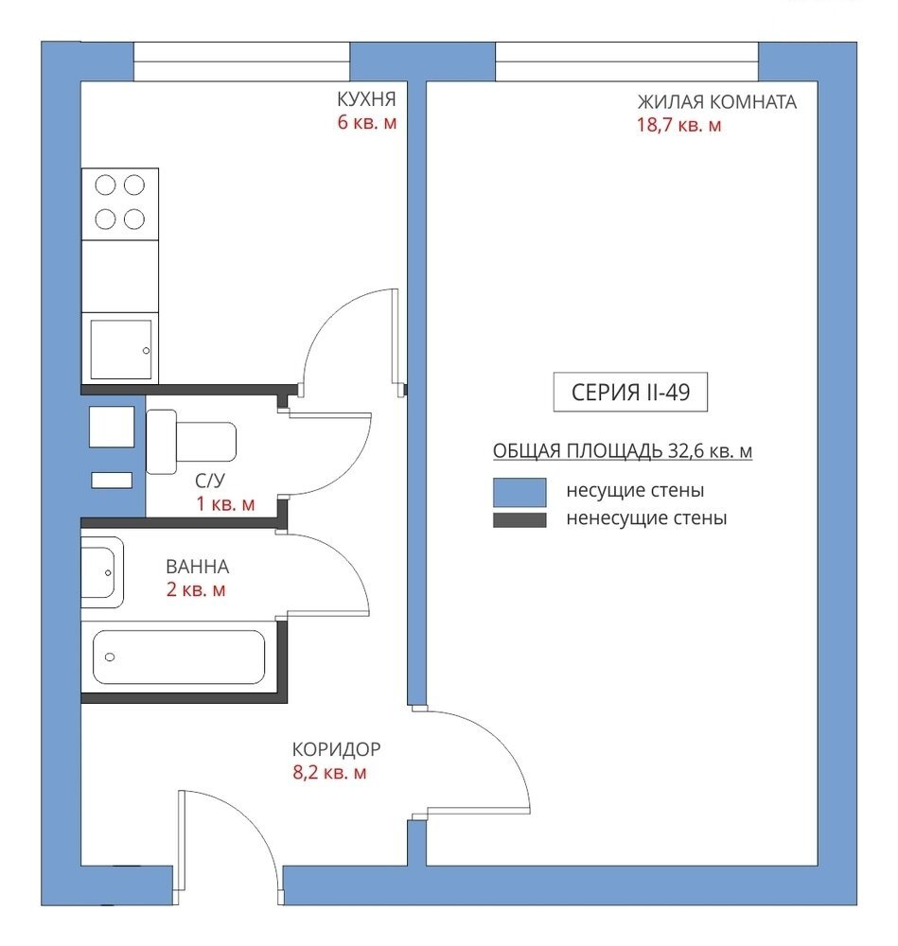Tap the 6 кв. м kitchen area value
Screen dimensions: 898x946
pos(367,122)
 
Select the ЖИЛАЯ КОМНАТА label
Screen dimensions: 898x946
pos(717,101)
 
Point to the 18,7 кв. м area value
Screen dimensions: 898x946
pos(678,125)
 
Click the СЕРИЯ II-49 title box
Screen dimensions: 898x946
pos(630,393)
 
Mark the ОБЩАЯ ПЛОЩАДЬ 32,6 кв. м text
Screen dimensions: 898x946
pos(623,450)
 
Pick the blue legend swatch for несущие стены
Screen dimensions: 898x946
pos(519,492)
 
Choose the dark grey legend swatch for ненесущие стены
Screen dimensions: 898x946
pos(519,519)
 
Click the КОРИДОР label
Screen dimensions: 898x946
pos(336,748)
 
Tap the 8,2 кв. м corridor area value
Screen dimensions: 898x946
pos(329,772)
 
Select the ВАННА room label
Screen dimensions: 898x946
pos(198,567)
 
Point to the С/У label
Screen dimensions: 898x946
pos(210,481)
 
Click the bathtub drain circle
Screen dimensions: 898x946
pos(109,657)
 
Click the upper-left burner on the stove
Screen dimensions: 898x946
pos(105,184)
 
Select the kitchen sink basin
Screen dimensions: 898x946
pos(121,349)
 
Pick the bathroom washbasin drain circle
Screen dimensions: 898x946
pos(108,572)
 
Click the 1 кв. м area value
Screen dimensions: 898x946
pos(225,504)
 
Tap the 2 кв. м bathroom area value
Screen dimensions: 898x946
pos(196,589)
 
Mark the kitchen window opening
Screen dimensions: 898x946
pos(241,61)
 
